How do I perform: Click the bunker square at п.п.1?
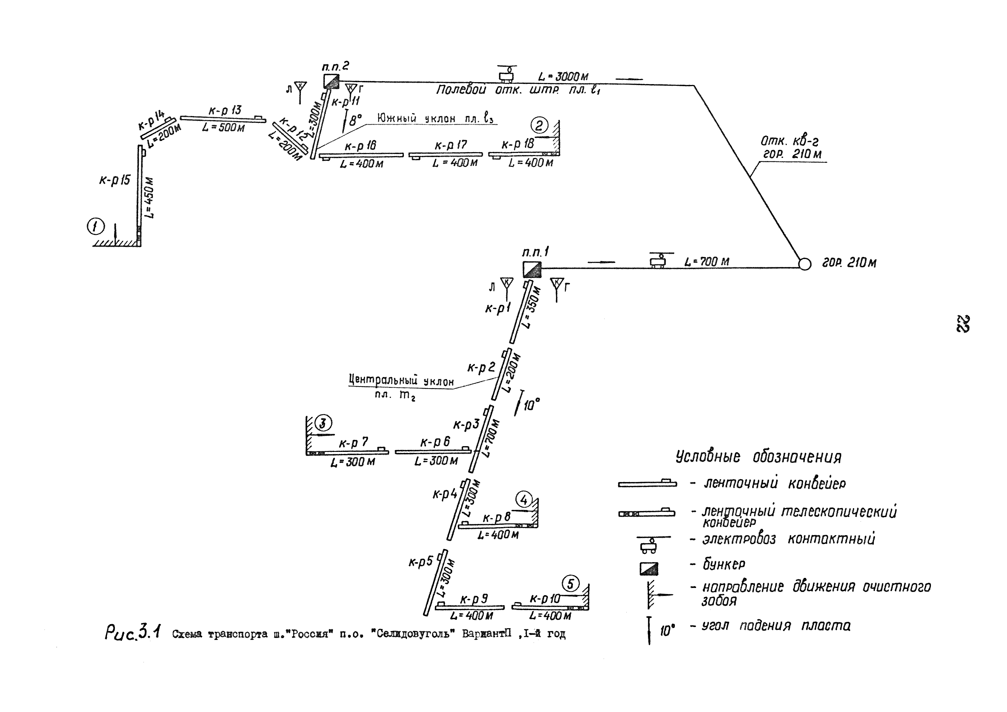pos(532,269)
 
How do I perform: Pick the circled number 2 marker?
pos(539,126)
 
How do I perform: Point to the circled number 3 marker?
pos(324,423)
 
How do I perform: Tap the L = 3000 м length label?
pos(563,77)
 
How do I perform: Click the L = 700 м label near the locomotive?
pos(707,262)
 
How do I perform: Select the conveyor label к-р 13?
pos(224,110)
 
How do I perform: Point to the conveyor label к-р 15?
pos(115,180)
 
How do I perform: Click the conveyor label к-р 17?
pos(451,145)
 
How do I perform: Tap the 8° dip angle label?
pos(355,120)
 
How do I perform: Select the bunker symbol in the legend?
pos(649,568)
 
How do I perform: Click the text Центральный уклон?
pos(401,380)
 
